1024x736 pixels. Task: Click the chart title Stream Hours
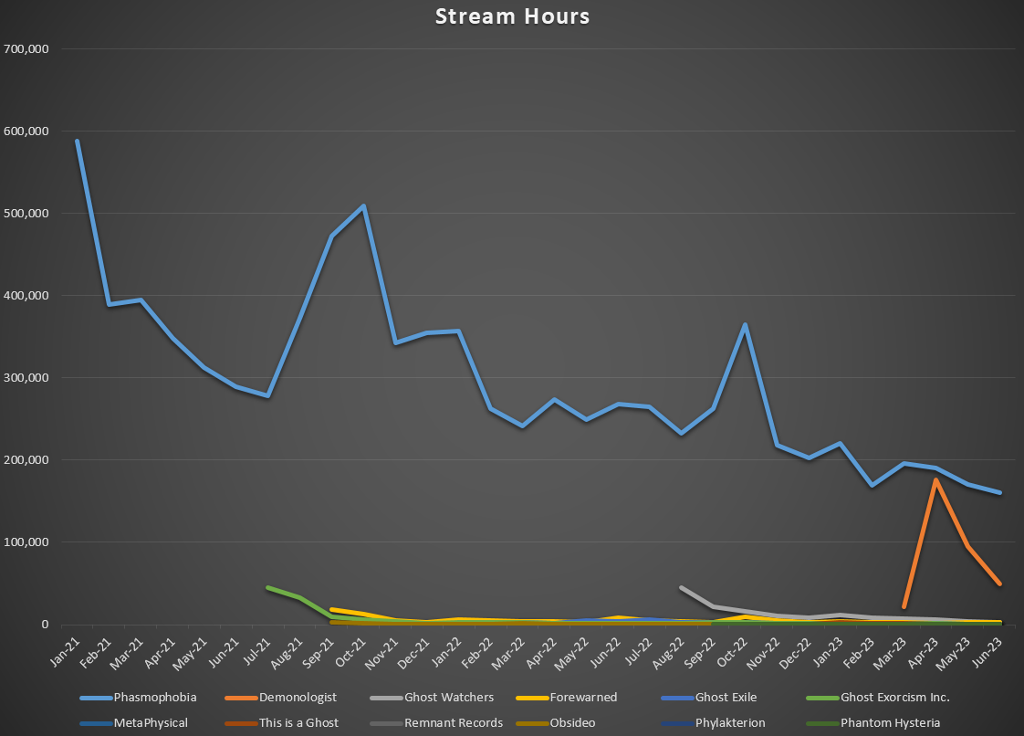click(512, 17)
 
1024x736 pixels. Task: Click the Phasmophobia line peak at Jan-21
click(77, 141)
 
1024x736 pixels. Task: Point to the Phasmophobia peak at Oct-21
click(363, 206)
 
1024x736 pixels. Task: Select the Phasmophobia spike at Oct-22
click(745, 324)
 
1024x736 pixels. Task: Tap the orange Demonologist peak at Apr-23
click(935, 479)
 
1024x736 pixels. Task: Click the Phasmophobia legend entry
click(154, 698)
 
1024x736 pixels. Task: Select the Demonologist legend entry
click(298, 698)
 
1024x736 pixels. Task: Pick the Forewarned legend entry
click(583, 698)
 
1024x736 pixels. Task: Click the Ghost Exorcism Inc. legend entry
click(894, 698)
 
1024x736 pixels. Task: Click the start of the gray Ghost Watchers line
click(681, 588)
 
